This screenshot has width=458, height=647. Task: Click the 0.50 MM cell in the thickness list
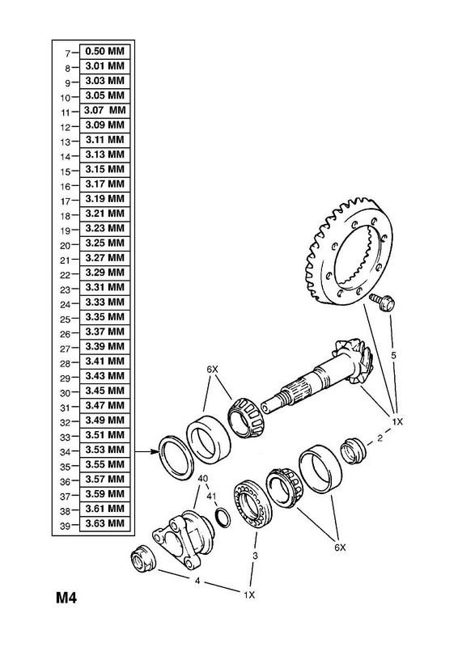point(104,52)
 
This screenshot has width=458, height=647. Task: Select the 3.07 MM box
point(104,111)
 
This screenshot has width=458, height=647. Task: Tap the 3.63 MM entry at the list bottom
point(104,523)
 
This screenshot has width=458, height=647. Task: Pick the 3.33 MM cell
point(104,302)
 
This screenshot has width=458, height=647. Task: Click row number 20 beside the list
point(66,246)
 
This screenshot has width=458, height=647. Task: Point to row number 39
point(66,526)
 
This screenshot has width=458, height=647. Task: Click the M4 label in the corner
point(67,598)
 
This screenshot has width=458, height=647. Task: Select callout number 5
point(393,355)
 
